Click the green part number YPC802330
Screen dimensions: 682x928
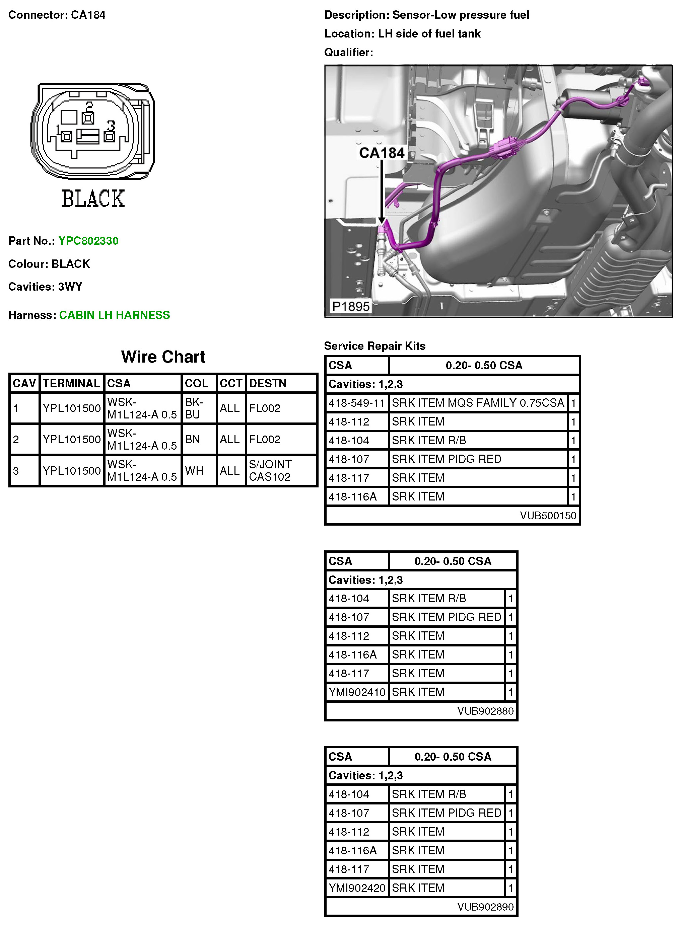tap(88, 241)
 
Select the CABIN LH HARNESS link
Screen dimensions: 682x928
tap(114, 315)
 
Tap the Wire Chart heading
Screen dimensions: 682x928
tap(163, 357)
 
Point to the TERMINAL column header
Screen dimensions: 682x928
tap(71, 383)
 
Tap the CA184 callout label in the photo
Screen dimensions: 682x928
tap(382, 153)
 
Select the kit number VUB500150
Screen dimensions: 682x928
tap(548, 515)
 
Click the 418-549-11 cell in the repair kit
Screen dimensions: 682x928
tap(357, 403)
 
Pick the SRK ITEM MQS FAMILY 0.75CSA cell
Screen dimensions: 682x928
tap(478, 403)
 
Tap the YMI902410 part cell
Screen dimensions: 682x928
tap(357, 692)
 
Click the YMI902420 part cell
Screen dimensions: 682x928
tap(357, 887)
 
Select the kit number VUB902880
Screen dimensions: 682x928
tap(485, 711)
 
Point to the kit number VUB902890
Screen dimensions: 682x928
tap(485, 907)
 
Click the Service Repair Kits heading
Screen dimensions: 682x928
tap(374, 346)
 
